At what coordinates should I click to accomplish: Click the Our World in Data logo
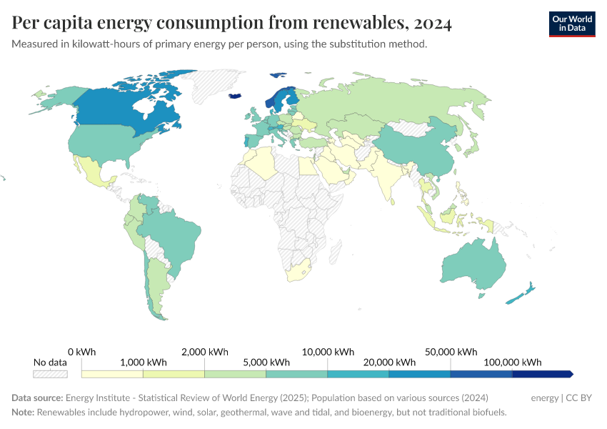[x=571, y=24]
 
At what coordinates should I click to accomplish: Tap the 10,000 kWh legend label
[x=328, y=352]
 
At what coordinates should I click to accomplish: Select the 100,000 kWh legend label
[x=512, y=362]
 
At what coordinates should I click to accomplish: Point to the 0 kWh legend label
[x=81, y=352]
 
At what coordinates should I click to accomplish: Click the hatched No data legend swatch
[x=50, y=374]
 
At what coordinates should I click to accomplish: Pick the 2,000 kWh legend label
[x=204, y=352]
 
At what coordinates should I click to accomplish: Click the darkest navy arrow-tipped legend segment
[x=541, y=374]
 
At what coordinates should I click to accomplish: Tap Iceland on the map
[x=235, y=96]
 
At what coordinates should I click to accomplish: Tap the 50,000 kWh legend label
[x=451, y=352]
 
